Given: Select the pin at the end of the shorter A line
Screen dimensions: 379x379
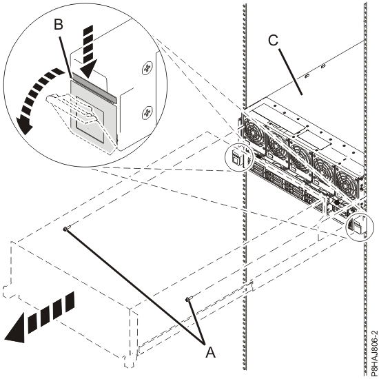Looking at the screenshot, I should [x=189, y=298].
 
